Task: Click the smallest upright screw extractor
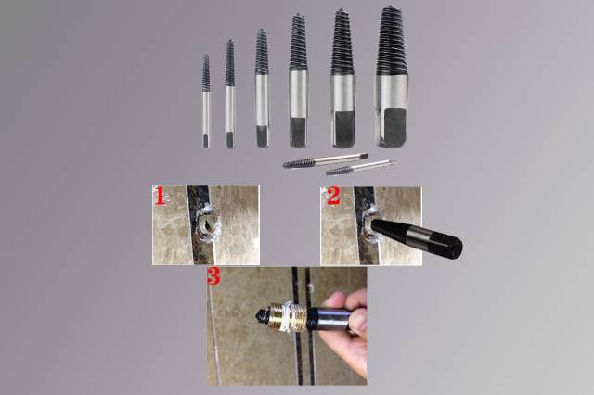(206, 101)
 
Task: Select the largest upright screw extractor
(392, 77)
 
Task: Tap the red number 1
(161, 197)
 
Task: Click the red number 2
(333, 197)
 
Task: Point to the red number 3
(213, 276)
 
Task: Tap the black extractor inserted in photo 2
(416, 238)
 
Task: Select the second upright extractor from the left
(229, 94)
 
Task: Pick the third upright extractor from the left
(262, 88)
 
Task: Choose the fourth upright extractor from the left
(299, 81)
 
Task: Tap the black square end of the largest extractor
(394, 127)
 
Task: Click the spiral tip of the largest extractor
(392, 40)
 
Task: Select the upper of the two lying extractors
(326, 160)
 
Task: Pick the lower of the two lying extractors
(361, 167)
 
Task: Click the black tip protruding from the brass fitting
(262, 315)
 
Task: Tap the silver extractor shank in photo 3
(332, 319)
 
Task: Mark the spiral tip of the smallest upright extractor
(206, 72)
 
